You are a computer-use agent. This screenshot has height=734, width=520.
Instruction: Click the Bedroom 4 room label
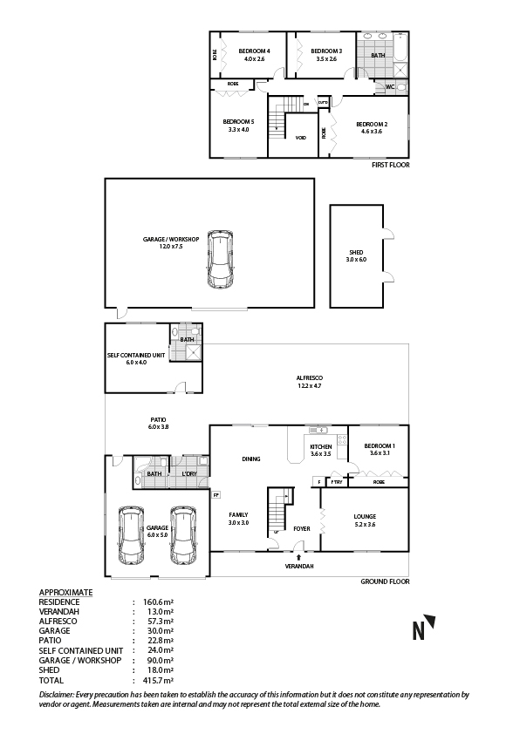click(254, 51)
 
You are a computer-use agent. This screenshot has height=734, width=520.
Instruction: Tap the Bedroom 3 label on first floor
click(326, 51)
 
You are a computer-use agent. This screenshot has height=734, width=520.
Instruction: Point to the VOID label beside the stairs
click(300, 138)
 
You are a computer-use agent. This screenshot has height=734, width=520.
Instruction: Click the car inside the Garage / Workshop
click(221, 263)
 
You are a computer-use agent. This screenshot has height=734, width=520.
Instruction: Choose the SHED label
click(355, 255)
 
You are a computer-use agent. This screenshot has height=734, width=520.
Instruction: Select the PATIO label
click(157, 422)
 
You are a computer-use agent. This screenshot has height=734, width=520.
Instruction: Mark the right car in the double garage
click(184, 535)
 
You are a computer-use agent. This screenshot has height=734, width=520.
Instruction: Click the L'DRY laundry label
click(188, 474)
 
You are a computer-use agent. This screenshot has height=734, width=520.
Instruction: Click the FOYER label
click(302, 528)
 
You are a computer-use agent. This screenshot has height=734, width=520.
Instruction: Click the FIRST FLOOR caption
click(390, 165)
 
